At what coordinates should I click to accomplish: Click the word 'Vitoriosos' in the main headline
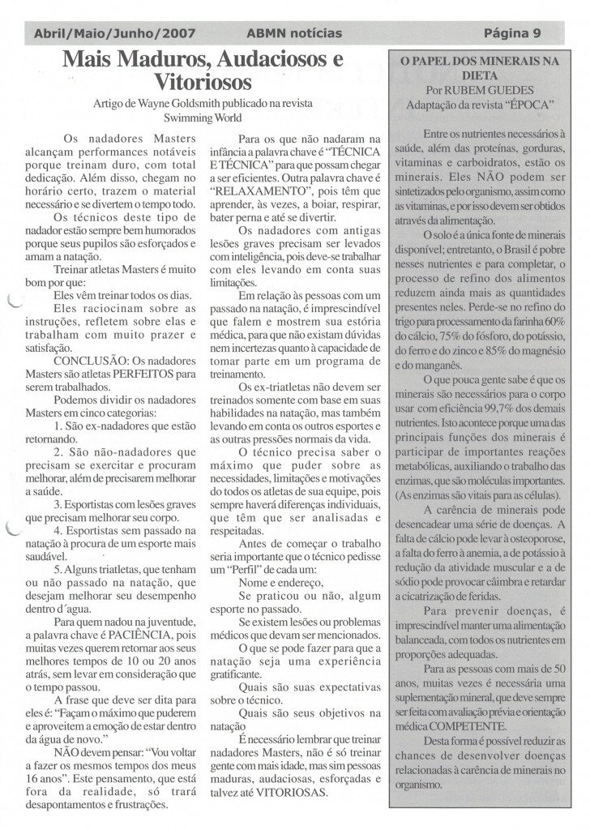(x=203, y=81)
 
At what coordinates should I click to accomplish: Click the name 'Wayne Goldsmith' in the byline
(x=171, y=103)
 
